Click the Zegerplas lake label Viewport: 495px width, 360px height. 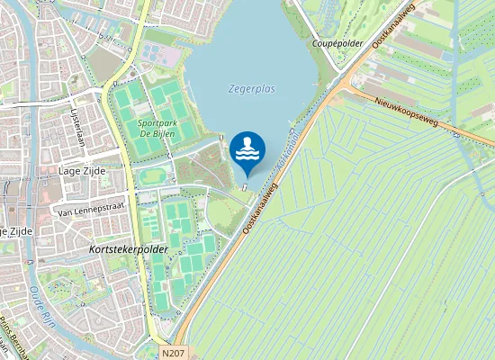tap(252, 89)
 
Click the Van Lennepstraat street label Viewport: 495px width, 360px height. tap(88, 212)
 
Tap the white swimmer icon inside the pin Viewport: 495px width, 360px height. tap(247, 149)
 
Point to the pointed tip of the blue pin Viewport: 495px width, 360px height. tap(247, 177)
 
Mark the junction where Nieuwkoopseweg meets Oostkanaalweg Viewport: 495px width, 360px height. tap(343, 83)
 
